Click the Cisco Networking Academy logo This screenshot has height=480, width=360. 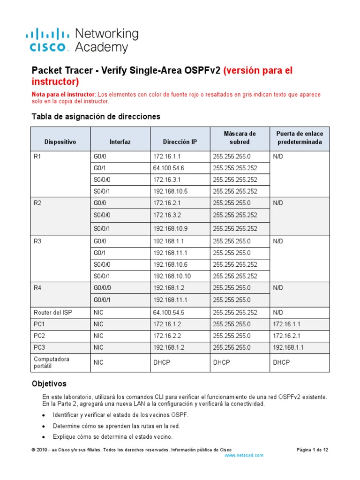82,40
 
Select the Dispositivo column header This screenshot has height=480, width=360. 60,141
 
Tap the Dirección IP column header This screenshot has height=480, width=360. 180,141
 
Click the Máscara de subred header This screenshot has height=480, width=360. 240,138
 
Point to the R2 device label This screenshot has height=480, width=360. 38,203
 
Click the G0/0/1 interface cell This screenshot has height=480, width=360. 104,300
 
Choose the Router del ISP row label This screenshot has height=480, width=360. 53,312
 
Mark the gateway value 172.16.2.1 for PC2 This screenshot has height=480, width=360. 288,336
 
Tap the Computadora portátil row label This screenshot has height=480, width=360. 52,362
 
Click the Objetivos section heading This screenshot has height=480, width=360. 49,383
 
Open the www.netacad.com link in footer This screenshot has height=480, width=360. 244,455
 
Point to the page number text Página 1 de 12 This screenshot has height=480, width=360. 313,450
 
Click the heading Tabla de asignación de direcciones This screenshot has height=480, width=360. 96,116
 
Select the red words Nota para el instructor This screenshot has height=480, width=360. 63,95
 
